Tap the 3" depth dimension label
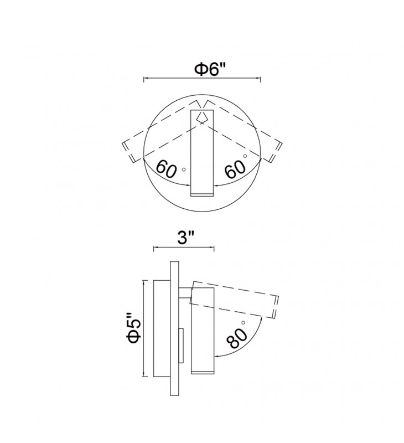[x=184, y=239]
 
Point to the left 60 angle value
[x=167, y=168]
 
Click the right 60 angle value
[x=235, y=169]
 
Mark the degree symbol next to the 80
[x=242, y=322]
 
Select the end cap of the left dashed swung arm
[x=128, y=152]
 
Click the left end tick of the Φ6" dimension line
[x=144, y=80]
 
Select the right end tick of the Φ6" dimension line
[x=260, y=80]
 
